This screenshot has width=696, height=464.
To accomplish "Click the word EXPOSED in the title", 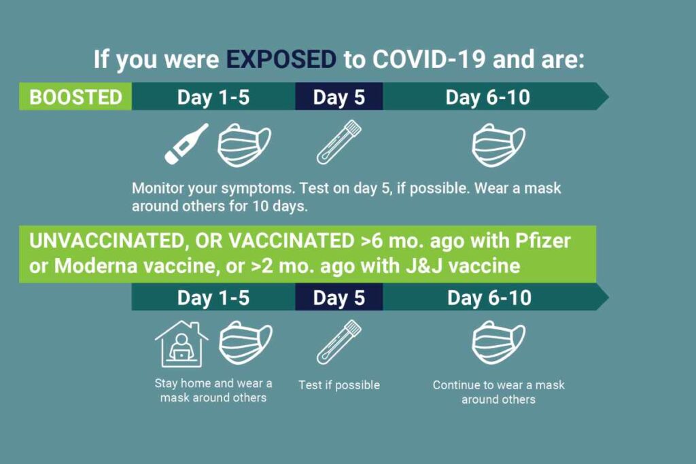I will [281, 59].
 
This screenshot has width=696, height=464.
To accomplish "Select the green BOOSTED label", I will [75, 96].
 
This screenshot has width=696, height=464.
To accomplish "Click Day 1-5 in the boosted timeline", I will [213, 96].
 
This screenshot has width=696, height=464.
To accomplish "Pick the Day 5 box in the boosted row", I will [338, 96].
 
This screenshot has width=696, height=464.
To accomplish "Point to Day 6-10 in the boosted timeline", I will [487, 96].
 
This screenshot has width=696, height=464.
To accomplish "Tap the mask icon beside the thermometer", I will [243, 144].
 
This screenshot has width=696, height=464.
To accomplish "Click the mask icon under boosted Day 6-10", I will [498, 144].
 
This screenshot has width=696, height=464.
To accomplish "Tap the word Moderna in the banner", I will [97, 265].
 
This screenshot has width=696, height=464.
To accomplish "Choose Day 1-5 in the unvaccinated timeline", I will [213, 298].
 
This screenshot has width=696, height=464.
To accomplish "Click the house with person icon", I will [181, 344].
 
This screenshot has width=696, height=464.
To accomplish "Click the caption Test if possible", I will [338, 385].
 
